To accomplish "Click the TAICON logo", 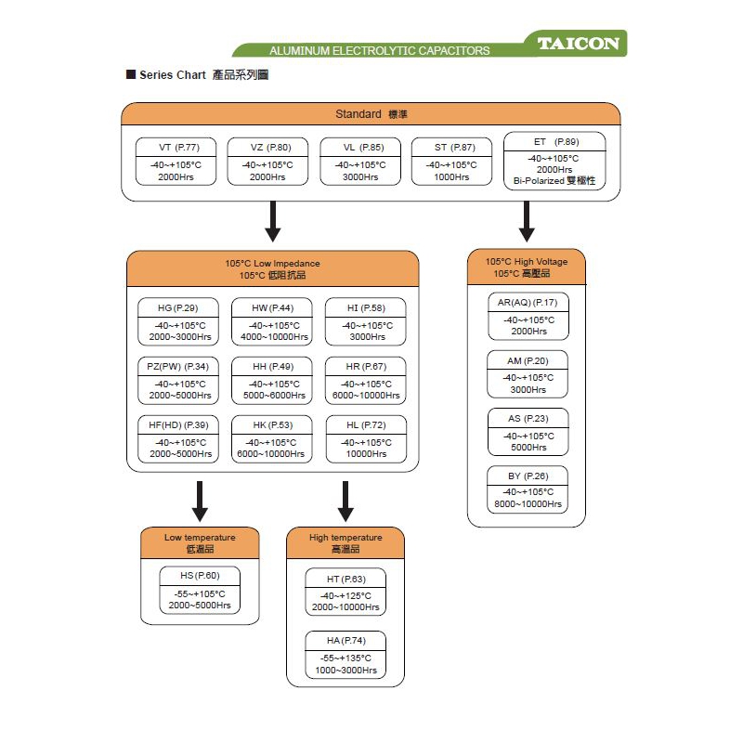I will (x=578, y=44).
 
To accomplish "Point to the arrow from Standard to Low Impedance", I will (x=272, y=223).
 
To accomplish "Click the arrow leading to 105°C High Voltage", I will (x=527, y=223).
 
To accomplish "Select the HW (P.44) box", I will (x=272, y=322).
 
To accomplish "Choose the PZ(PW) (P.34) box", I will (x=177, y=381).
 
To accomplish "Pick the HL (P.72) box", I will (x=366, y=438).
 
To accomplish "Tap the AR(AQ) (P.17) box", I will (x=528, y=317).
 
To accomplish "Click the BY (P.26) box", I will (x=528, y=490).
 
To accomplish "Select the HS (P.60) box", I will (x=199, y=590).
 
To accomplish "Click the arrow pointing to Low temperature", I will (x=199, y=502).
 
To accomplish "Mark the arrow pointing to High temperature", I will (x=345, y=502).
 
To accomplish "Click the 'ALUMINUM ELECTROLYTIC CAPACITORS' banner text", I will (x=379, y=50).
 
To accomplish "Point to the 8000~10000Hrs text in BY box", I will (x=528, y=504).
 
